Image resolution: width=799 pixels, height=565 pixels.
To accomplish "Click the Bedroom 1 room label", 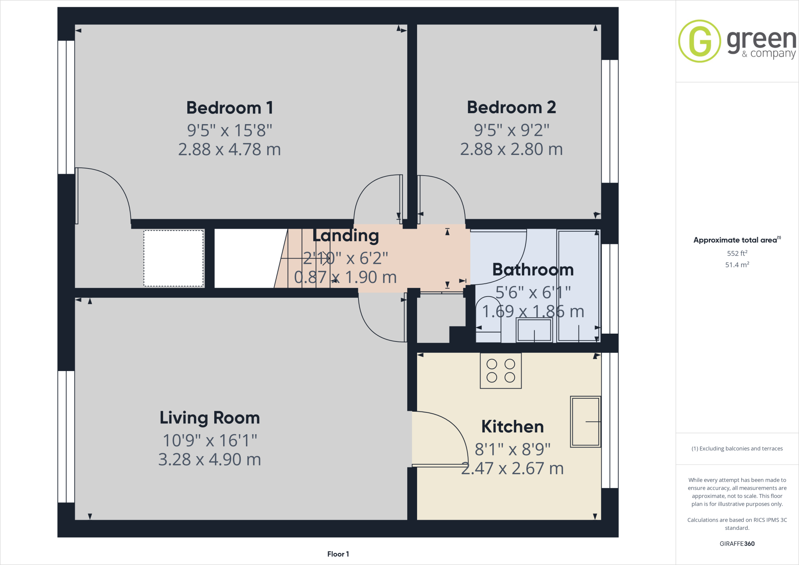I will pos(229,108).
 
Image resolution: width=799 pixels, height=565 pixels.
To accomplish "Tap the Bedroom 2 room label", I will pos(511,107).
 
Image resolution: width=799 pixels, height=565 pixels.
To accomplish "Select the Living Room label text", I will pos(210,418).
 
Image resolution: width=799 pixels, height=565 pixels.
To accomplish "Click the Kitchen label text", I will pos(512,426).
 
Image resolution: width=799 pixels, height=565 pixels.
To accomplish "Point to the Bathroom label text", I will pos(533,270).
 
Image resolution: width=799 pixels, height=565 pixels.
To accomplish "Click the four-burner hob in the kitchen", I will pos(501,371).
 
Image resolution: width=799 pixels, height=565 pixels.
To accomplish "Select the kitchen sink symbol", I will pos(585,421).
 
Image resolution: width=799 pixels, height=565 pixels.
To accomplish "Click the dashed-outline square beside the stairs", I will pos(174,258).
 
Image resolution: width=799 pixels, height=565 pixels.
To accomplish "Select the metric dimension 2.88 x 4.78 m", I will pos(229,149).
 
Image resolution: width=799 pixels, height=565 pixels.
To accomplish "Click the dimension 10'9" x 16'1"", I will pos(210,441).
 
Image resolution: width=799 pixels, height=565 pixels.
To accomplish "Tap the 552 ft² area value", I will pos(737,253).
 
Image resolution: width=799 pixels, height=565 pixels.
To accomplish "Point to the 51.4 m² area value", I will pos(737,265).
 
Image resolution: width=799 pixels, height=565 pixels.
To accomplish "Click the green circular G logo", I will pos(700,41).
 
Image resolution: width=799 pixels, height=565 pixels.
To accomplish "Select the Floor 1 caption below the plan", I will pos(338,554).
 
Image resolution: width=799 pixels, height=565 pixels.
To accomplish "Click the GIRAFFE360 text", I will pos(737,544).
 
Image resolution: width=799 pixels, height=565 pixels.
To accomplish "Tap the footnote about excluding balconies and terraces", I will pos(737,449).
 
